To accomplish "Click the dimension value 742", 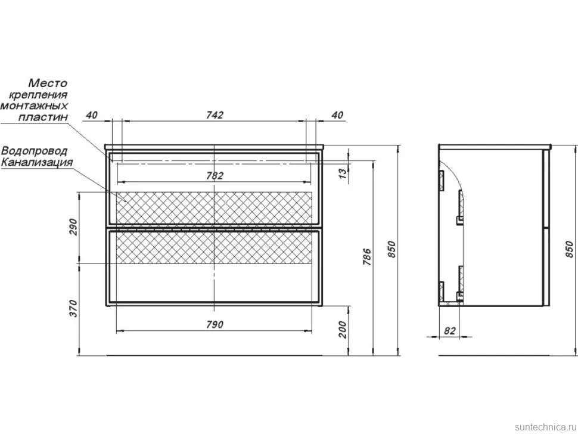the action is tap(215, 114).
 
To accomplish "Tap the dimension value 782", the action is tap(215, 175).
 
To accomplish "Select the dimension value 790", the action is tap(215, 324).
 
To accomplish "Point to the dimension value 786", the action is tap(368, 258).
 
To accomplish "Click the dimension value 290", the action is tap(73, 227).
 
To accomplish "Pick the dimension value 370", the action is tap(73, 309).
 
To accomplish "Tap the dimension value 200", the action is tap(343, 330).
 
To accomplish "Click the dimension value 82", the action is tap(449, 331).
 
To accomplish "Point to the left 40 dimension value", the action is tap(91, 114).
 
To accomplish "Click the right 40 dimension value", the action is tap(337, 114).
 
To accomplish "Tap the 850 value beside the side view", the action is tap(570, 249).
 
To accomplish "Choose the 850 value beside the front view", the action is tap(391, 249).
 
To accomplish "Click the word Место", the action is tap(48, 83).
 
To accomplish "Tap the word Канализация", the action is tap(37, 162).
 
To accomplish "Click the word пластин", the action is tap(43, 117).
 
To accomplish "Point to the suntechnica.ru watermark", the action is tap(545, 427).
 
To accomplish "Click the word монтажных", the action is tap(35, 106).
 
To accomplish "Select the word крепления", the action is tap(38, 94).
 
